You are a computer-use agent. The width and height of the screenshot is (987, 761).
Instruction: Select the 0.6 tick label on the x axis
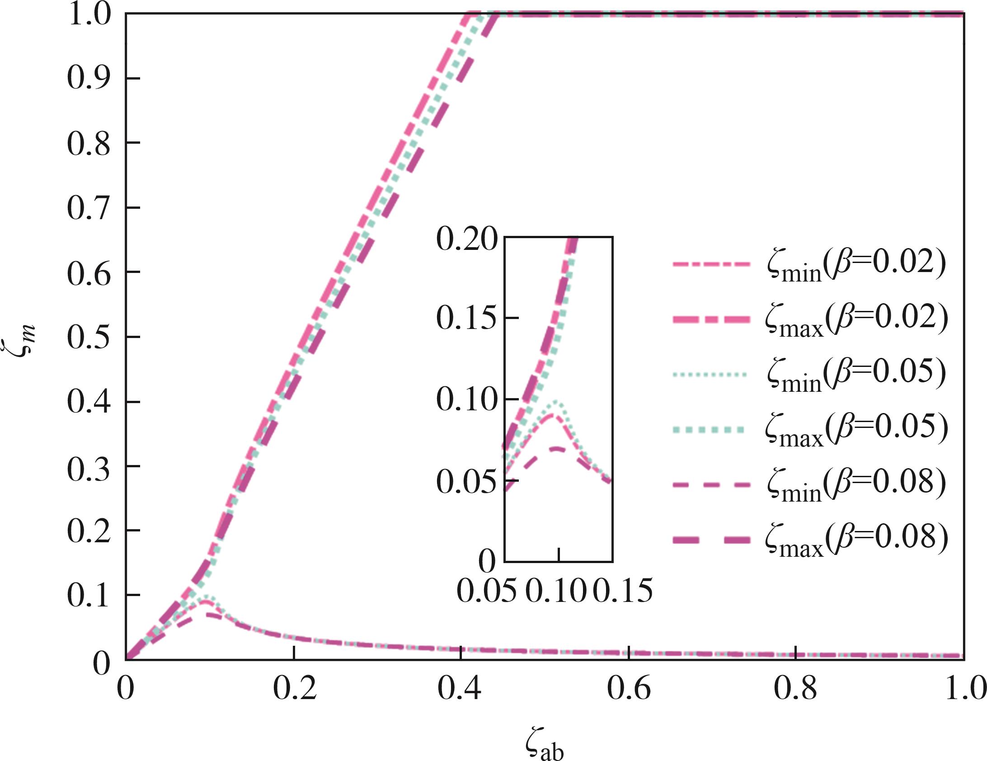point(629,689)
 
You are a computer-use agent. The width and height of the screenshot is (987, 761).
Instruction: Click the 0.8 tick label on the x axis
point(796,689)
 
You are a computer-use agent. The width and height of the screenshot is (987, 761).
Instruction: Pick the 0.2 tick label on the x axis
point(294,689)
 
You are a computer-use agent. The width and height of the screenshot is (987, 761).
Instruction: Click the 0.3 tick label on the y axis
point(89,467)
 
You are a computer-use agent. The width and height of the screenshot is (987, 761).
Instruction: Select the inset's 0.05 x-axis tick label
point(486,591)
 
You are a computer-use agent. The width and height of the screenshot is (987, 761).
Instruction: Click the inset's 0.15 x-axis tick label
point(623,591)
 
